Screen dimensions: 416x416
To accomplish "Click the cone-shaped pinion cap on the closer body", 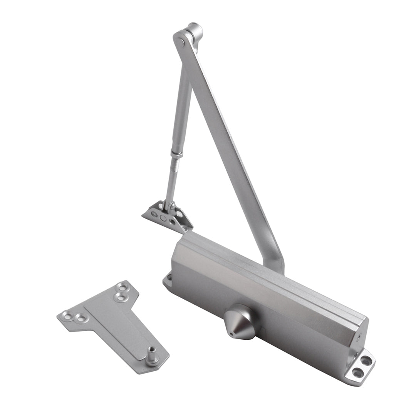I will coord(241,321).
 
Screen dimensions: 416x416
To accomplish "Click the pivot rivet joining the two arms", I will coord(180,40).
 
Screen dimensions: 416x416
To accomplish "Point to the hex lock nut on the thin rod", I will coord(177,154).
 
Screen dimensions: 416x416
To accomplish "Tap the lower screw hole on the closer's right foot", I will coord(358,372).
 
